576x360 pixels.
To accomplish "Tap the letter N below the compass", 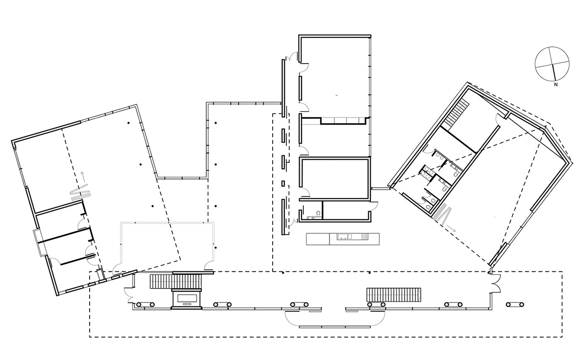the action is (556, 85).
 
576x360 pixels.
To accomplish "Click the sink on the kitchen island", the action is (345, 236).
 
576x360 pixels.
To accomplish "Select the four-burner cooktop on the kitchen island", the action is (364, 236).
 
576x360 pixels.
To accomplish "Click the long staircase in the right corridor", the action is (394, 295).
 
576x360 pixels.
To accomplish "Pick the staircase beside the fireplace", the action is (176, 281).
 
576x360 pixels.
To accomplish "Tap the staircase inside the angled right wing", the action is (457, 112).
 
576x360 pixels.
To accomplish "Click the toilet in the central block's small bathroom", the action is (318, 214).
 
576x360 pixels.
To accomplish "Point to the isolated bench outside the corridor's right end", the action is (515, 305).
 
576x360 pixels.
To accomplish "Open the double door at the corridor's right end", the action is (496, 283).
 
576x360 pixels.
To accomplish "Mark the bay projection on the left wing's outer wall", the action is (39, 242).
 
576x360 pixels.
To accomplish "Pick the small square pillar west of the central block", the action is (283, 183).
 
